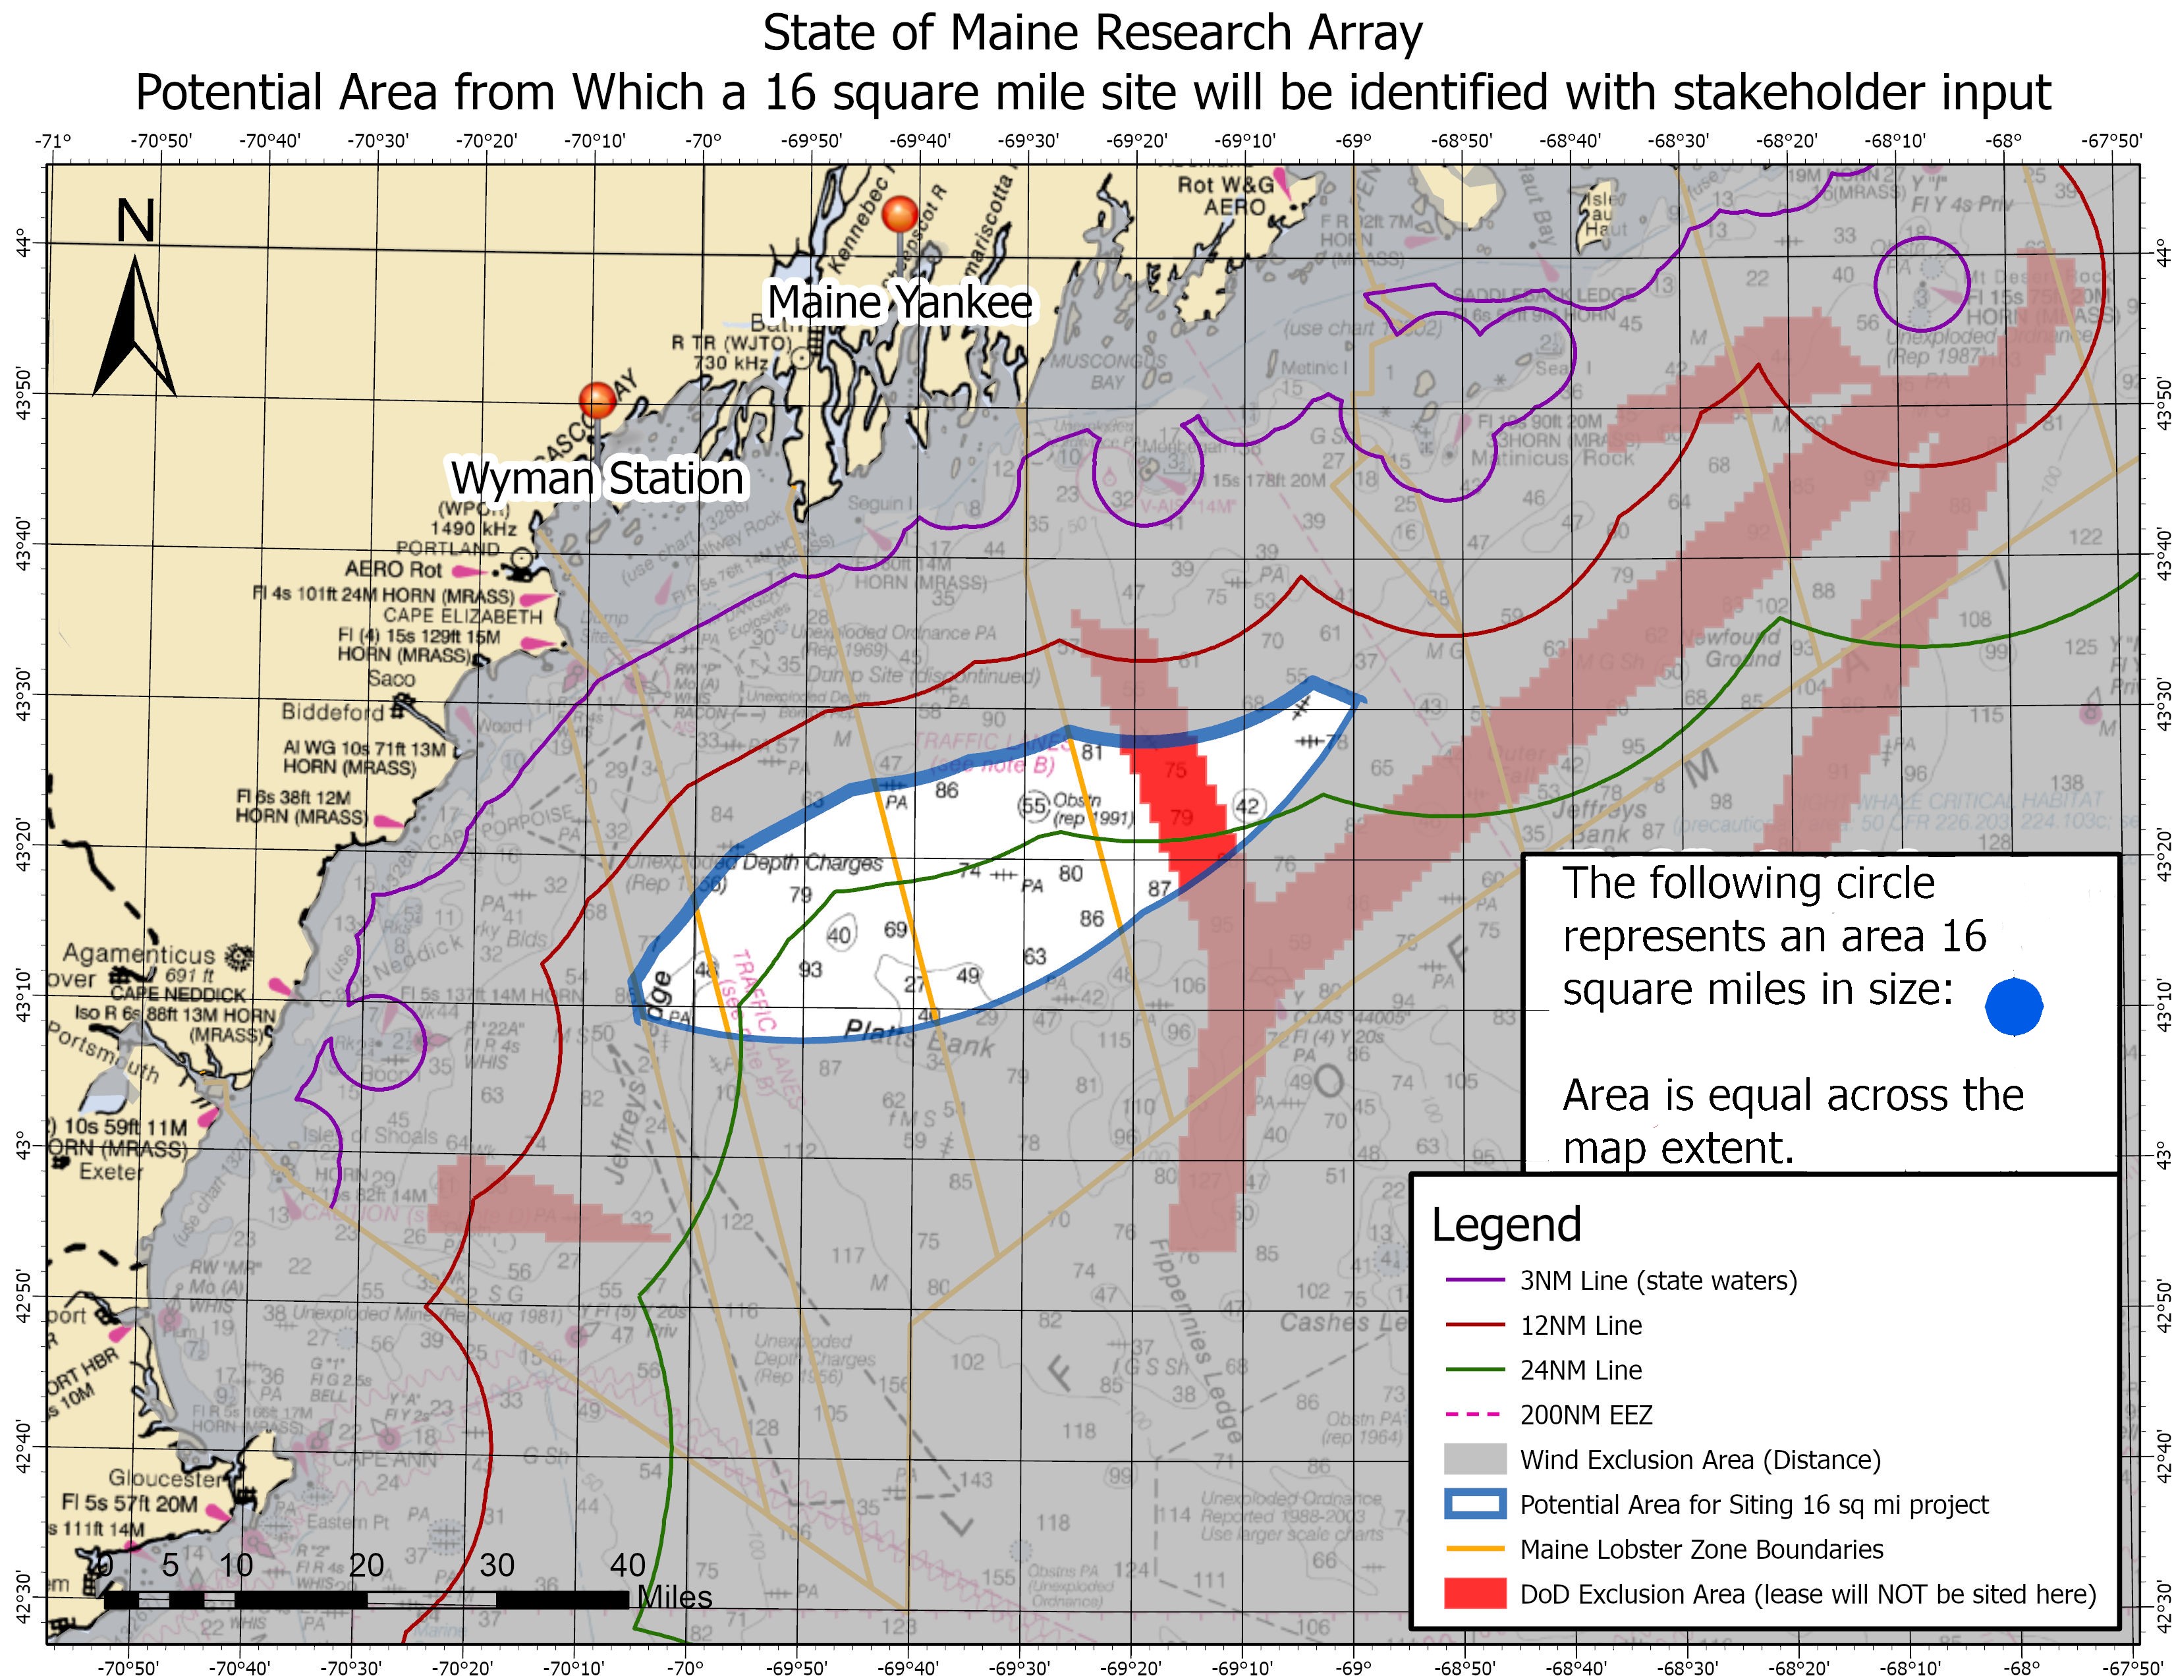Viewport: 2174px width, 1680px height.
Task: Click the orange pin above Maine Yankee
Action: pyautogui.click(x=900, y=215)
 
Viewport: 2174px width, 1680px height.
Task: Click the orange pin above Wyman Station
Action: pyautogui.click(x=598, y=400)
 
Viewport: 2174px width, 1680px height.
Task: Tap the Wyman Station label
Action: pyautogui.click(x=598, y=479)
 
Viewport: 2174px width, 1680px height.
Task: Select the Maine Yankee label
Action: pyautogui.click(x=900, y=302)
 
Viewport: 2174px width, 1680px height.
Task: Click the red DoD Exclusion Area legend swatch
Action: pyautogui.click(x=1474, y=1594)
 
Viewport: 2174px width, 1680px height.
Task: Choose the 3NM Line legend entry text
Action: pyautogui.click(x=1658, y=1280)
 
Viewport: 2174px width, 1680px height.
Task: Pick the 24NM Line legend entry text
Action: pyautogui.click(x=1580, y=1370)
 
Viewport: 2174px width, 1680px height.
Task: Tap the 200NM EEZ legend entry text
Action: pyautogui.click(x=1586, y=1414)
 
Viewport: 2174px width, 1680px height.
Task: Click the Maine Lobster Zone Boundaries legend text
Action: pyautogui.click(x=1701, y=1549)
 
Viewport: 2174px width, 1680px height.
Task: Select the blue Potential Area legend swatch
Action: pyautogui.click(x=1474, y=1504)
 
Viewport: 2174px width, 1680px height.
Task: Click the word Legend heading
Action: pyautogui.click(x=1506, y=1225)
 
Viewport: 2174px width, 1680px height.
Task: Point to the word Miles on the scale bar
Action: pyautogui.click(x=674, y=1598)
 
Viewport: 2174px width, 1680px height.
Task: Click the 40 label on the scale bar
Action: pyautogui.click(x=627, y=1565)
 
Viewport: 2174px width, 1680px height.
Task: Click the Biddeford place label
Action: pyautogui.click(x=333, y=712)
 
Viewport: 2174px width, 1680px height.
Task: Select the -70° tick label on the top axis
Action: pyautogui.click(x=703, y=140)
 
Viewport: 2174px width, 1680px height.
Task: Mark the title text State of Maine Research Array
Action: pyautogui.click(x=1092, y=33)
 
